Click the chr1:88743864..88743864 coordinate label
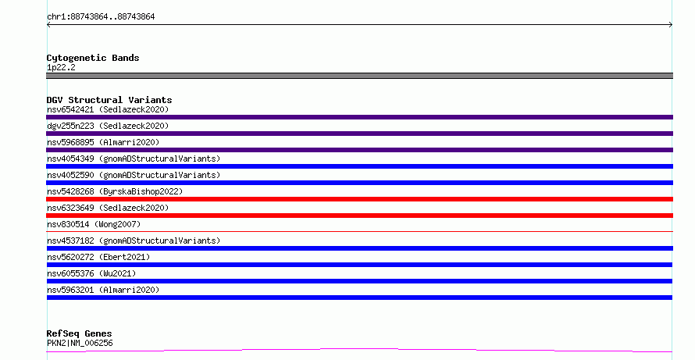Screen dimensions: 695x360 pyautogui.click(x=101, y=17)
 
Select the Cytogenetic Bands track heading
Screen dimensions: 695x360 pyautogui.click(x=93, y=58)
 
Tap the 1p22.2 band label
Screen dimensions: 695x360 pyautogui.click(x=61, y=67)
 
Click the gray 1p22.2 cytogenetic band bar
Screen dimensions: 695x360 pyautogui.click(x=359, y=76)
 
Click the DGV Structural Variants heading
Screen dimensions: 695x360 pyautogui.click(x=109, y=100)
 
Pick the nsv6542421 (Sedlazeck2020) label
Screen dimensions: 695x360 pyautogui.click(x=108, y=109)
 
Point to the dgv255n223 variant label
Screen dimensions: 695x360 pyautogui.click(x=108, y=126)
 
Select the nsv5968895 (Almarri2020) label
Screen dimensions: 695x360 pyautogui.click(x=103, y=142)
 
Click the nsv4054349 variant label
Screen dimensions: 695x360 pyautogui.click(x=134, y=159)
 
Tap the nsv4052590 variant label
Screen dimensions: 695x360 pyautogui.click(x=134, y=175)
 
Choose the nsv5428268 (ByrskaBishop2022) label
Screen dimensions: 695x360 pyautogui.click(x=115, y=191)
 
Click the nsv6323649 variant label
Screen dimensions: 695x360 pyautogui.click(x=108, y=208)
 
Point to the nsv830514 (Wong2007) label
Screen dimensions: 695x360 pyautogui.click(x=94, y=224)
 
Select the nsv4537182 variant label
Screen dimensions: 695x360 pyautogui.click(x=134, y=241)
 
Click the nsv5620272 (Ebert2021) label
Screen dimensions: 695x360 pyautogui.click(x=98, y=257)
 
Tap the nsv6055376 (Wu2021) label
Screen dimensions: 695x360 pyautogui.click(x=91, y=273)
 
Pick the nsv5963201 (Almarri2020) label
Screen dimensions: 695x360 pyautogui.click(x=103, y=290)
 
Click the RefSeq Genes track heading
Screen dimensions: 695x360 pyautogui.click(x=79, y=333)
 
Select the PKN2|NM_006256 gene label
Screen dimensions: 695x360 pyautogui.click(x=80, y=343)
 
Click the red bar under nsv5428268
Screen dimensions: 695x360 pyautogui.click(x=359, y=199)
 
